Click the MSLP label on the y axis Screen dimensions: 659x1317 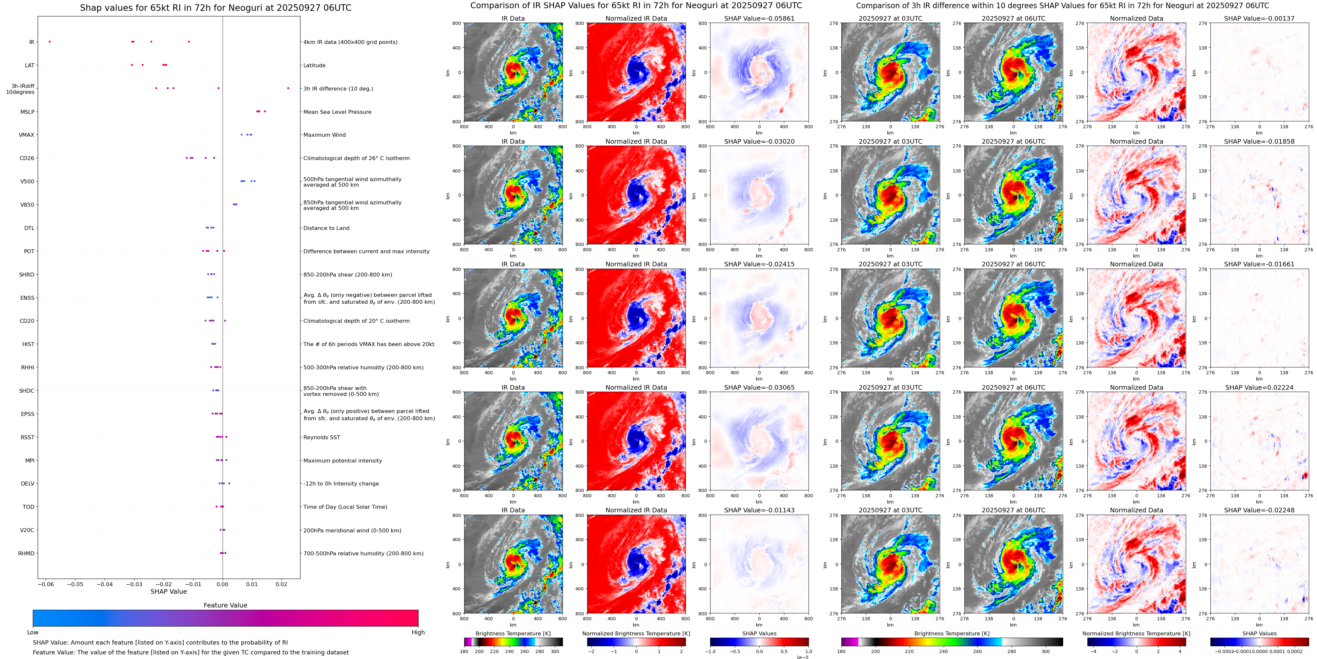pyautogui.click(x=27, y=112)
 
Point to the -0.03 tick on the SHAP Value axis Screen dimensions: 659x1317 pyautogui.click(x=134, y=584)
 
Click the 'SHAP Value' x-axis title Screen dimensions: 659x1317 pyautogui.click(x=169, y=591)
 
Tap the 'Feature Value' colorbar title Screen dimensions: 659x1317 pyautogui.click(x=225, y=605)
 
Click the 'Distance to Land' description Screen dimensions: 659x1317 pyautogui.click(x=326, y=228)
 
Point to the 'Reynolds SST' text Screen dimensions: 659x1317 pyautogui.click(x=321, y=437)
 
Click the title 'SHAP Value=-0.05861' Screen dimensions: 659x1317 pyautogui.click(x=759, y=18)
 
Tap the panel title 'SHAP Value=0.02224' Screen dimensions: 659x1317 pyautogui.click(x=1259, y=387)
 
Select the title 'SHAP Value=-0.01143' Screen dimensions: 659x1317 pyautogui.click(x=759, y=510)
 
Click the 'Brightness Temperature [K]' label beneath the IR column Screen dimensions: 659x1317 pyautogui.click(x=513, y=633)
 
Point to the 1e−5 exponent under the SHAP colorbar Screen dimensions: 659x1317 pyautogui.click(x=802, y=657)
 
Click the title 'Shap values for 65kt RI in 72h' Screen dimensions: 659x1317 pyautogui.click(x=215, y=8)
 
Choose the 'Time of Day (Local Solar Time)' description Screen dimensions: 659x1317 pyautogui.click(x=345, y=507)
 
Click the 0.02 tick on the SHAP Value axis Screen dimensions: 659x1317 pyautogui.click(x=281, y=584)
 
